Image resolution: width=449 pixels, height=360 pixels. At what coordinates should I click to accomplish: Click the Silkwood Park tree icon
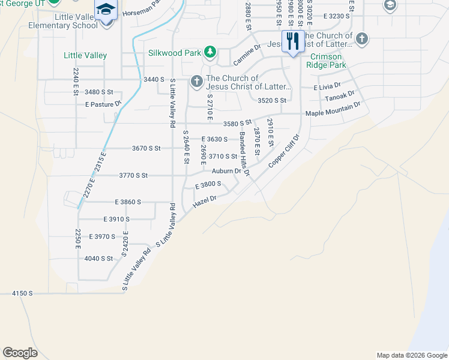click(x=209, y=53)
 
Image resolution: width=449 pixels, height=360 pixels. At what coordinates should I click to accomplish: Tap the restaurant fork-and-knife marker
click(x=292, y=42)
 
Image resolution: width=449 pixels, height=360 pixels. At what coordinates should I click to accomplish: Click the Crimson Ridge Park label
click(x=326, y=61)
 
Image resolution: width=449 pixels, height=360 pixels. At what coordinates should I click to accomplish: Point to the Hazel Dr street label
click(x=204, y=202)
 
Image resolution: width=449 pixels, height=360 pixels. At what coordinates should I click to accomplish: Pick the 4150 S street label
click(x=22, y=293)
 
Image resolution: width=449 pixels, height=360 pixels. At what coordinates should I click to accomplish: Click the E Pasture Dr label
click(x=103, y=104)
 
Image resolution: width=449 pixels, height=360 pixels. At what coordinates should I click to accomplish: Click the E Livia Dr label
click(x=327, y=86)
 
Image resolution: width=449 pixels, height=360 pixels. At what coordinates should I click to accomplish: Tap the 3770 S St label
click(x=133, y=175)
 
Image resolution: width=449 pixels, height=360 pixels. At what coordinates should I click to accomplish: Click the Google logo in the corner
click(x=20, y=353)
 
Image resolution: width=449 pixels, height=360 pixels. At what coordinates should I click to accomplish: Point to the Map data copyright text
click(x=412, y=355)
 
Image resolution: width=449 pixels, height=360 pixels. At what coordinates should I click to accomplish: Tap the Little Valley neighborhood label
click(x=85, y=55)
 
